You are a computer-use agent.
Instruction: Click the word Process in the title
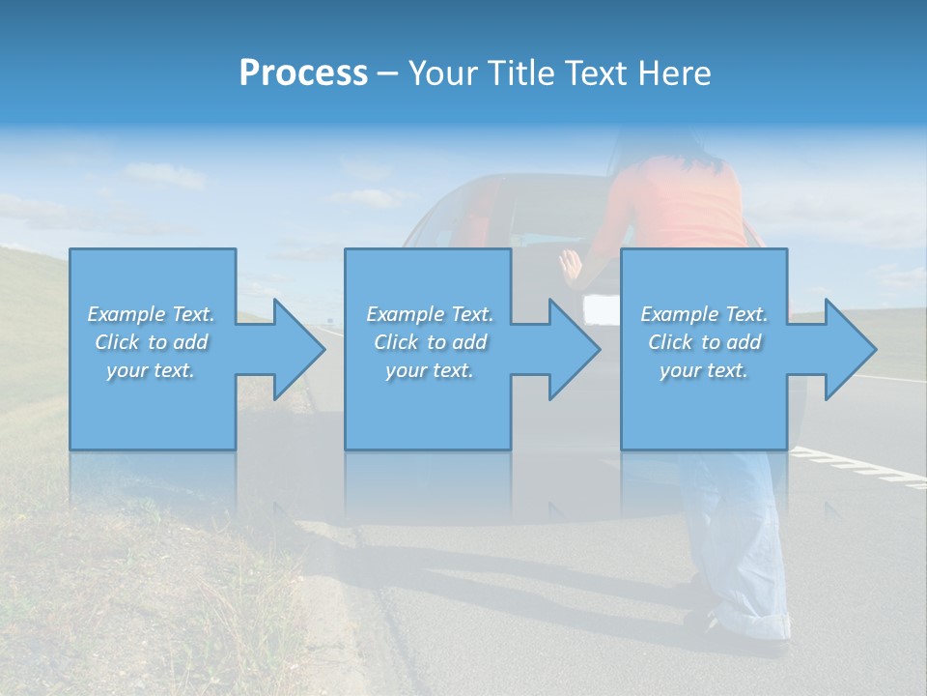click(303, 73)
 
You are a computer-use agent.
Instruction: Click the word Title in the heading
click(518, 73)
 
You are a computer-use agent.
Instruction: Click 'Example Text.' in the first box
click(152, 314)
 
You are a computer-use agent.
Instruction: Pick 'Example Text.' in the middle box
click(430, 314)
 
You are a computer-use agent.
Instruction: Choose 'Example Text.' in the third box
click(704, 314)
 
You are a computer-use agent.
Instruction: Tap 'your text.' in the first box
click(151, 370)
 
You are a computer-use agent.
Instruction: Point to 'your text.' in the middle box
click(430, 370)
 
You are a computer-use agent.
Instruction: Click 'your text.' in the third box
click(704, 370)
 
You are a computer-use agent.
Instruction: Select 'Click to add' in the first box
click(152, 342)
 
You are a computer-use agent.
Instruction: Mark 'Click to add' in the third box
click(704, 342)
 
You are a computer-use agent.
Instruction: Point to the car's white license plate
click(601, 309)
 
